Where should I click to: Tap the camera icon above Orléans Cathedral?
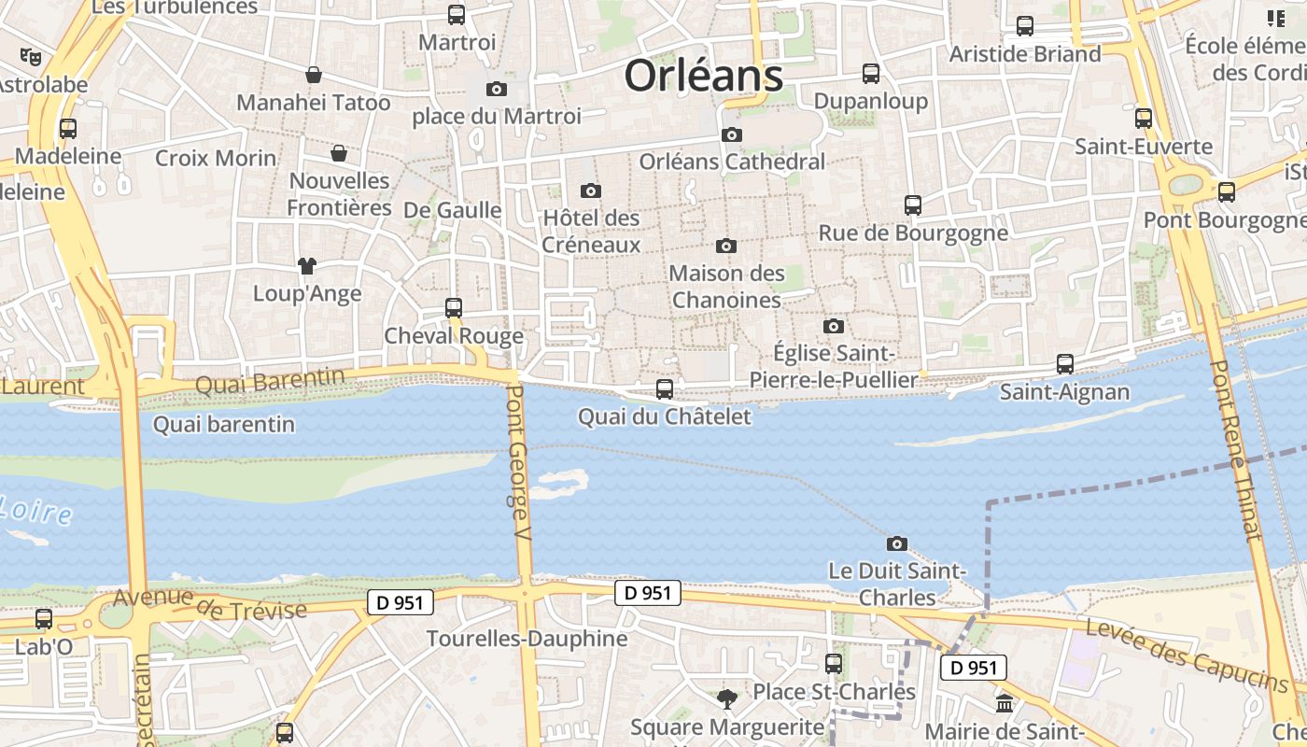[732, 134]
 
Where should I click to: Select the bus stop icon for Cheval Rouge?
[454, 307]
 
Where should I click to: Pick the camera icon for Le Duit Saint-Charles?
[896, 543]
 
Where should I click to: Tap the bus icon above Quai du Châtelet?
[665, 388]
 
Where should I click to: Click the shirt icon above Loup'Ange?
[306, 266]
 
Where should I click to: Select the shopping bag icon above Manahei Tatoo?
[314, 75]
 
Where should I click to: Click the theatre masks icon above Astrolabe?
[31, 56]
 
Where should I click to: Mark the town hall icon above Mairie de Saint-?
[1005, 703]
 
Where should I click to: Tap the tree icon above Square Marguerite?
[726, 698]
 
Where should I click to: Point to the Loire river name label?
[35, 510]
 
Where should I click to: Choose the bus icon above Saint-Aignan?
[1065, 364]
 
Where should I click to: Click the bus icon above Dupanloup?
[871, 73]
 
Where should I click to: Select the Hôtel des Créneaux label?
[592, 232]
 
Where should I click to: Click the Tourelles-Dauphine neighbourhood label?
[527, 639]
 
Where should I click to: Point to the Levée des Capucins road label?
[1187, 657]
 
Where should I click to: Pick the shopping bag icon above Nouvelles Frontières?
[339, 153]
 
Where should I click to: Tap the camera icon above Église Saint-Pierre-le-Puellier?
[834, 326]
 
